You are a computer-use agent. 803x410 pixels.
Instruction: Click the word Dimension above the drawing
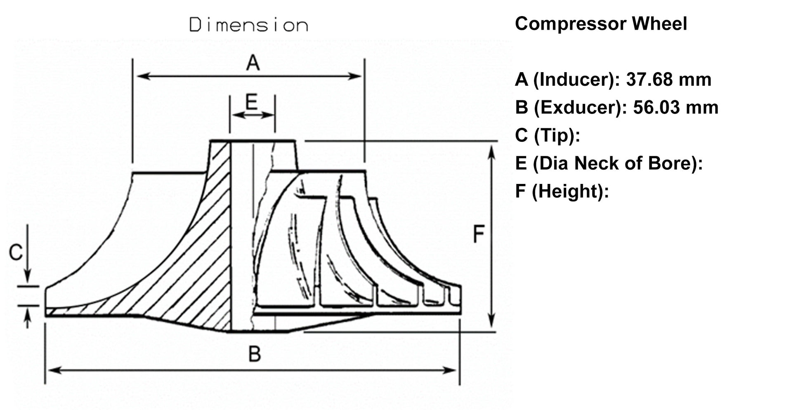click(248, 25)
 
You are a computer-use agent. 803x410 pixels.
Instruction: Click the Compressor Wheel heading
click(600, 24)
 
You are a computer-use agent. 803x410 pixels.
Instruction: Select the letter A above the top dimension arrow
click(253, 63)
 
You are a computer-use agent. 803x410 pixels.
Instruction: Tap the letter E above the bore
click(251, 101)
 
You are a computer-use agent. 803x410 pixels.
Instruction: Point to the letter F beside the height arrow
click(478, 235)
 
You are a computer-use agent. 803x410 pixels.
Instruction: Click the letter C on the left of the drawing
click(16, 252)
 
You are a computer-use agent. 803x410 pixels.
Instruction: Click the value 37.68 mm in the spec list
click(668, 80)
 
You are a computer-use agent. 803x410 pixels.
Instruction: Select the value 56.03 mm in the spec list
click(675, 108)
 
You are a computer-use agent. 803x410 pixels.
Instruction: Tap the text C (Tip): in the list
click(547, 135)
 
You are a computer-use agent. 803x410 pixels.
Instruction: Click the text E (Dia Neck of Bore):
click(609, 163)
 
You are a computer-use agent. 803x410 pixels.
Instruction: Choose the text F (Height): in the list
click(562, 191)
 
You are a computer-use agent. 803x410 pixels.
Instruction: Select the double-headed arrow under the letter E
click(253, 115)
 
